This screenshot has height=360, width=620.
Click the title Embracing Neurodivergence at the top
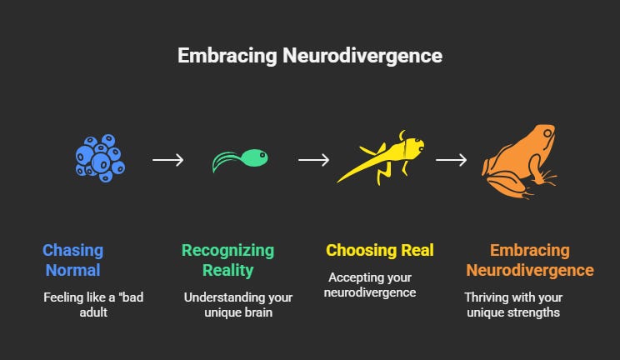(x=309, y=56)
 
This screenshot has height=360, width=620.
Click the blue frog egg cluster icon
(x=98, y=156)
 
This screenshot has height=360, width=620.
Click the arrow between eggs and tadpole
(x=167, y=158)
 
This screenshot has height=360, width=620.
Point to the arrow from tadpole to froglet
(x=313, y=158)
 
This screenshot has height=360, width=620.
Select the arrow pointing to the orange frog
(x=451, y=158)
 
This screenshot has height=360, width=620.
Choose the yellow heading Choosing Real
(x=379, y=250)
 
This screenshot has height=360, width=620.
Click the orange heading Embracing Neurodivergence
(x=529, y=260)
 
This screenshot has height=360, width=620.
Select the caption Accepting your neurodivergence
(x=371, y=285)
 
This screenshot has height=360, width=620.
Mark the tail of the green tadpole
(x=222, y=162)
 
